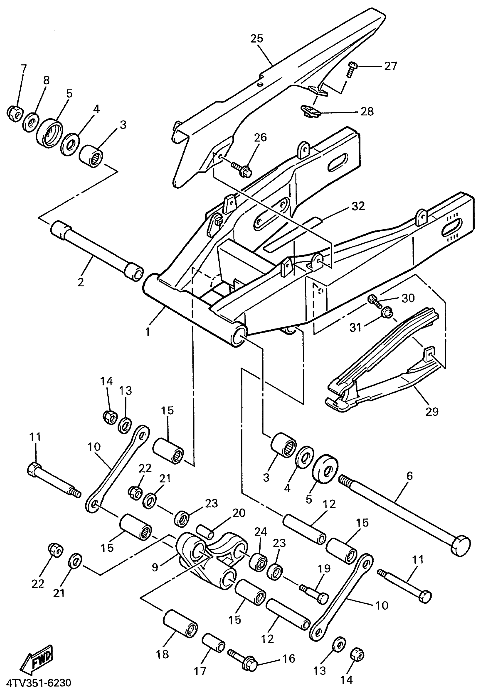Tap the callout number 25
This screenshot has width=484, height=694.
257,39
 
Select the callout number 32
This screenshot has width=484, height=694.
358,206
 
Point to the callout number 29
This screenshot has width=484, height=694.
432,411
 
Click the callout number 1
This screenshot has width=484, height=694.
148,332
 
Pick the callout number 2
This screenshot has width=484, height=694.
81,282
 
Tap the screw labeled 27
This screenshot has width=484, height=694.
351,69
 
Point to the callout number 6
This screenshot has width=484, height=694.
409,476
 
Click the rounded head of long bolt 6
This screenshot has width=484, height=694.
461,546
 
